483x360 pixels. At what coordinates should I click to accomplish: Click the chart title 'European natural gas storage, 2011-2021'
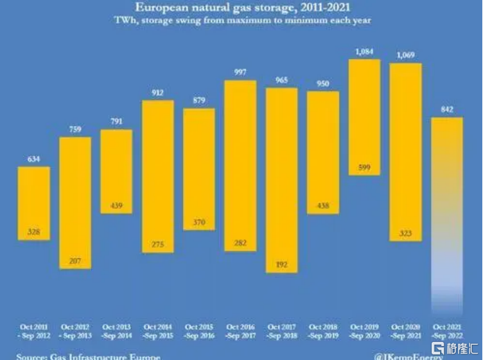[x=243, y=8]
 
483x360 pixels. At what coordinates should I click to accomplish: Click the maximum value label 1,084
[x=365, y=52]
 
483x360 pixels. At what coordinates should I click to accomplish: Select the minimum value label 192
[x=282, y=264]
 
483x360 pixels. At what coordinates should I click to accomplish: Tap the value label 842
[x=447, y=110]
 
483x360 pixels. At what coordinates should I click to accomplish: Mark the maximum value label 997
[x=240, y=73]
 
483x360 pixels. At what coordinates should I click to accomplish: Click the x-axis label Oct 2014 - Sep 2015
[x=157, y=330]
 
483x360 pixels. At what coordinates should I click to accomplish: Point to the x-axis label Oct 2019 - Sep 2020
[x=365, y=330]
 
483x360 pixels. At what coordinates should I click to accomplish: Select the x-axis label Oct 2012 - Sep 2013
[x=75, y=330]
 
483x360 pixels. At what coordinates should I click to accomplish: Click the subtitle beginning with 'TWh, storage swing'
[x=243, y=21]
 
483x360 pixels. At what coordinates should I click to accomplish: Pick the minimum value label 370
[x=199, y=223]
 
